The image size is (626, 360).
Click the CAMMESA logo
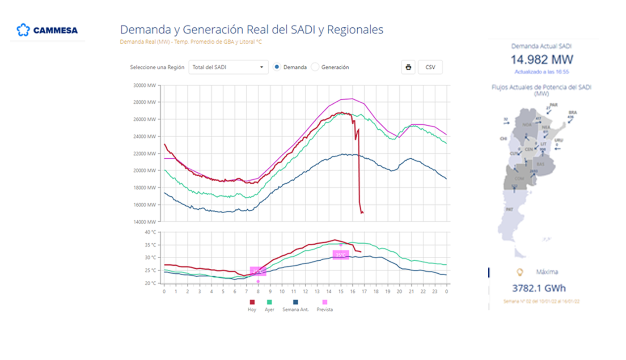point(47,30)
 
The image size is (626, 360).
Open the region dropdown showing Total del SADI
point(228,68)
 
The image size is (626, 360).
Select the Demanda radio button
point(277,67)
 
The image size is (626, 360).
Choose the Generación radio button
point(315,67)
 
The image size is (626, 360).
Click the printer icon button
point(408,68)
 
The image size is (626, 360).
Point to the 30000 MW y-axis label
point(145,85)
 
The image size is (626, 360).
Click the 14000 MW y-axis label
point(145,222)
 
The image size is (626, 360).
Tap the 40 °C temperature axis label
point(150,233)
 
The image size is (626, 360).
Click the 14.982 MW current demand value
point(541,60)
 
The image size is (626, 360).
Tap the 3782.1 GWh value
point(538,288)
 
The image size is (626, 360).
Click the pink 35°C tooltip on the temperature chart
point(341,255)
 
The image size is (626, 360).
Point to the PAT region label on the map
point(509,209)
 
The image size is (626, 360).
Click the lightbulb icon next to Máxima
point(520,271)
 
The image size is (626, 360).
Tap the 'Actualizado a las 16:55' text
point(541,72)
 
